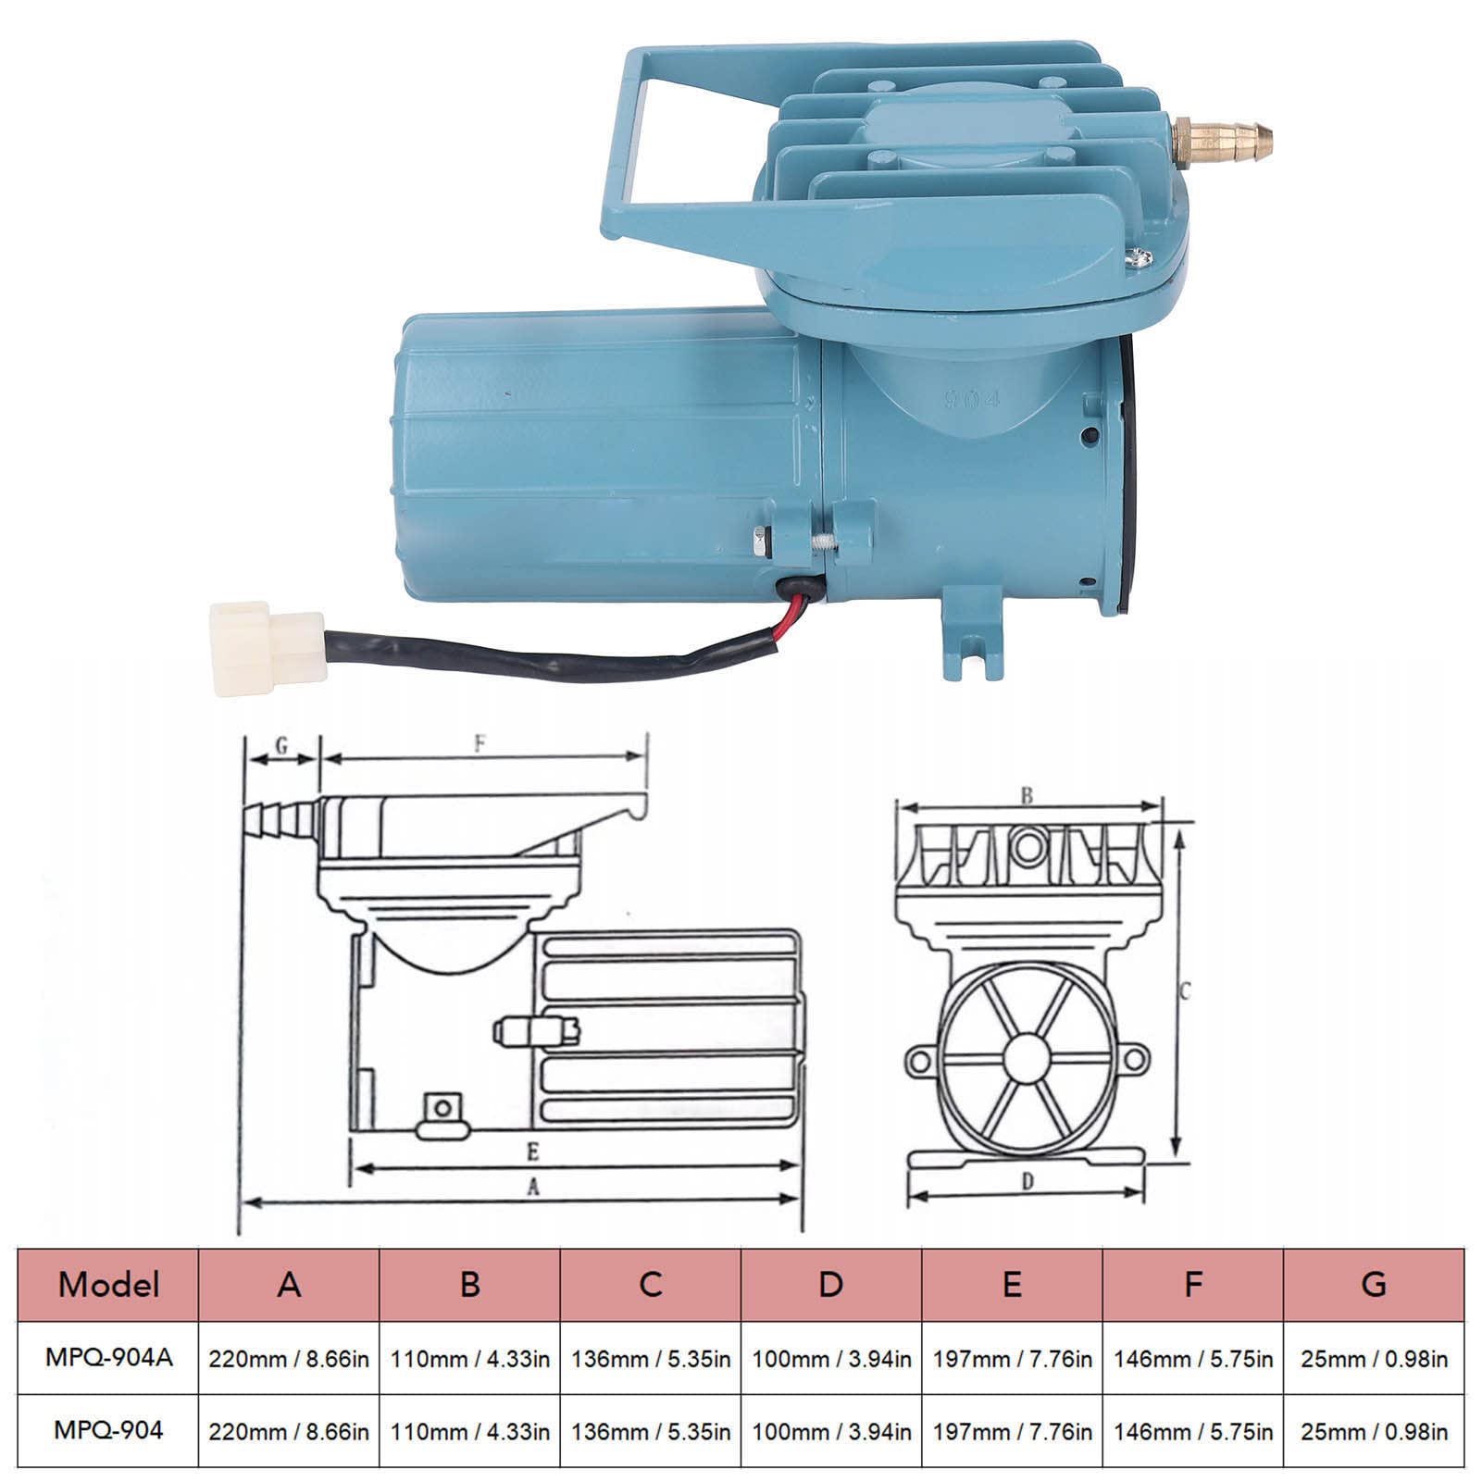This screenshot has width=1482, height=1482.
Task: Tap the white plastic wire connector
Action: coord(267,648)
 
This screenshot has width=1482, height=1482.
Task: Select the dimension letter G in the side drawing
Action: coord(281,744)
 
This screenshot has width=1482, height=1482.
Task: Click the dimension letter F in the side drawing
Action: coord(479,743)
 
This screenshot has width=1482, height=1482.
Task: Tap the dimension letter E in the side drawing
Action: coord(532,1152)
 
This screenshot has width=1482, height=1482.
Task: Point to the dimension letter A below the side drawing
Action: coord(533,1188)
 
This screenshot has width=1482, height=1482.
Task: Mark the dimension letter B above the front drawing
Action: coord(1027,795)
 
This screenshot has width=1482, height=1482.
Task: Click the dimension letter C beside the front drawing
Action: coord(1186,991)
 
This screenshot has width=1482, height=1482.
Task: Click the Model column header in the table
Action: coord(108,1285)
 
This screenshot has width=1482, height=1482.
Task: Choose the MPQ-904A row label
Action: coord(108,1358)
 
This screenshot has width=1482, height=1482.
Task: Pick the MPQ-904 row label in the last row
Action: coord(108,1430)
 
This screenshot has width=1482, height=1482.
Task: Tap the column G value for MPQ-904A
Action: coord(1375,1359)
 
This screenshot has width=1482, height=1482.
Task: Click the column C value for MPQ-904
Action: coord(651,1432)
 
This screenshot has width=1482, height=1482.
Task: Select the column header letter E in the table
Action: coord(1012,1285)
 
